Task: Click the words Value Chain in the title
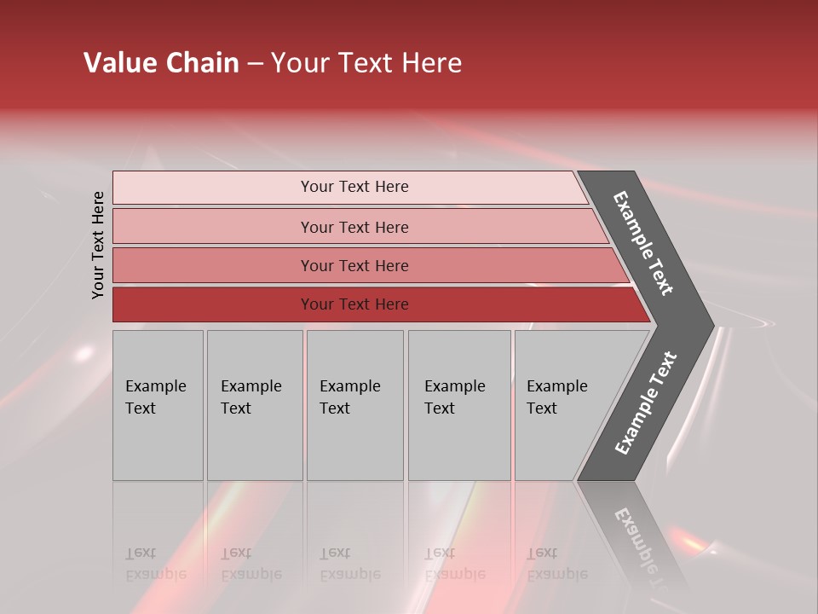click(161, 63)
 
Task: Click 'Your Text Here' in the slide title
click(366, 63)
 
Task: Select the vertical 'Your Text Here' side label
click(98, 245)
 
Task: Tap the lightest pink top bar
click(354, 187)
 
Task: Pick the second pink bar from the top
click(354, 227)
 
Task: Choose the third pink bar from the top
click(354, 265)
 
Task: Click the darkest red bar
click(354, 304)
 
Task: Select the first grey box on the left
click(158, 405)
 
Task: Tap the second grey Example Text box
click(254, 405)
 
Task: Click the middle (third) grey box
click(354, 405)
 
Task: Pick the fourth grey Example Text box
click(458, 405)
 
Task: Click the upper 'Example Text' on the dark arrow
click(643, 243)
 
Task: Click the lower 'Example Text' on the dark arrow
click(646, 403)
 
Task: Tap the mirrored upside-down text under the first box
click(155, 564)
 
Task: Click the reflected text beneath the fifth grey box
click(556, 564)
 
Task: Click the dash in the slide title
click(255, 64)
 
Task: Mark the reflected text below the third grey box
click(349, 564)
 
